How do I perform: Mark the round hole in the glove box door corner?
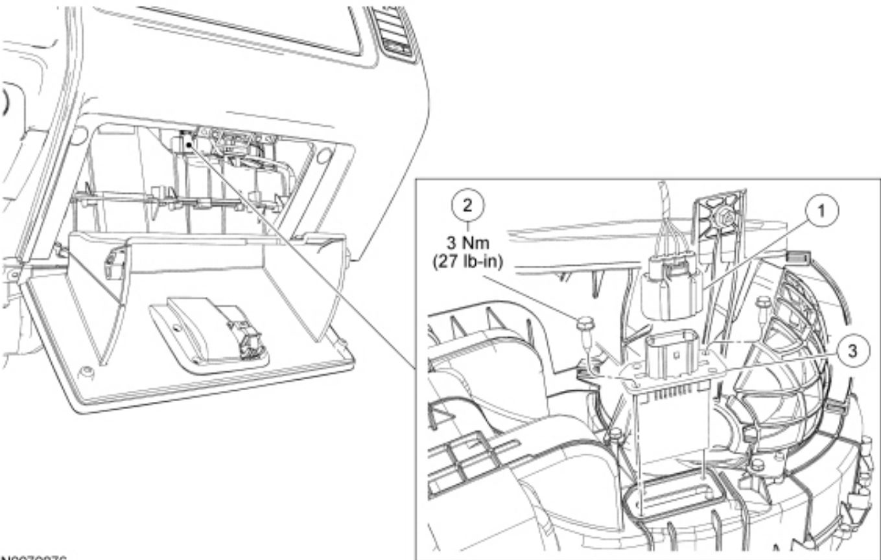coord(83,371)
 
